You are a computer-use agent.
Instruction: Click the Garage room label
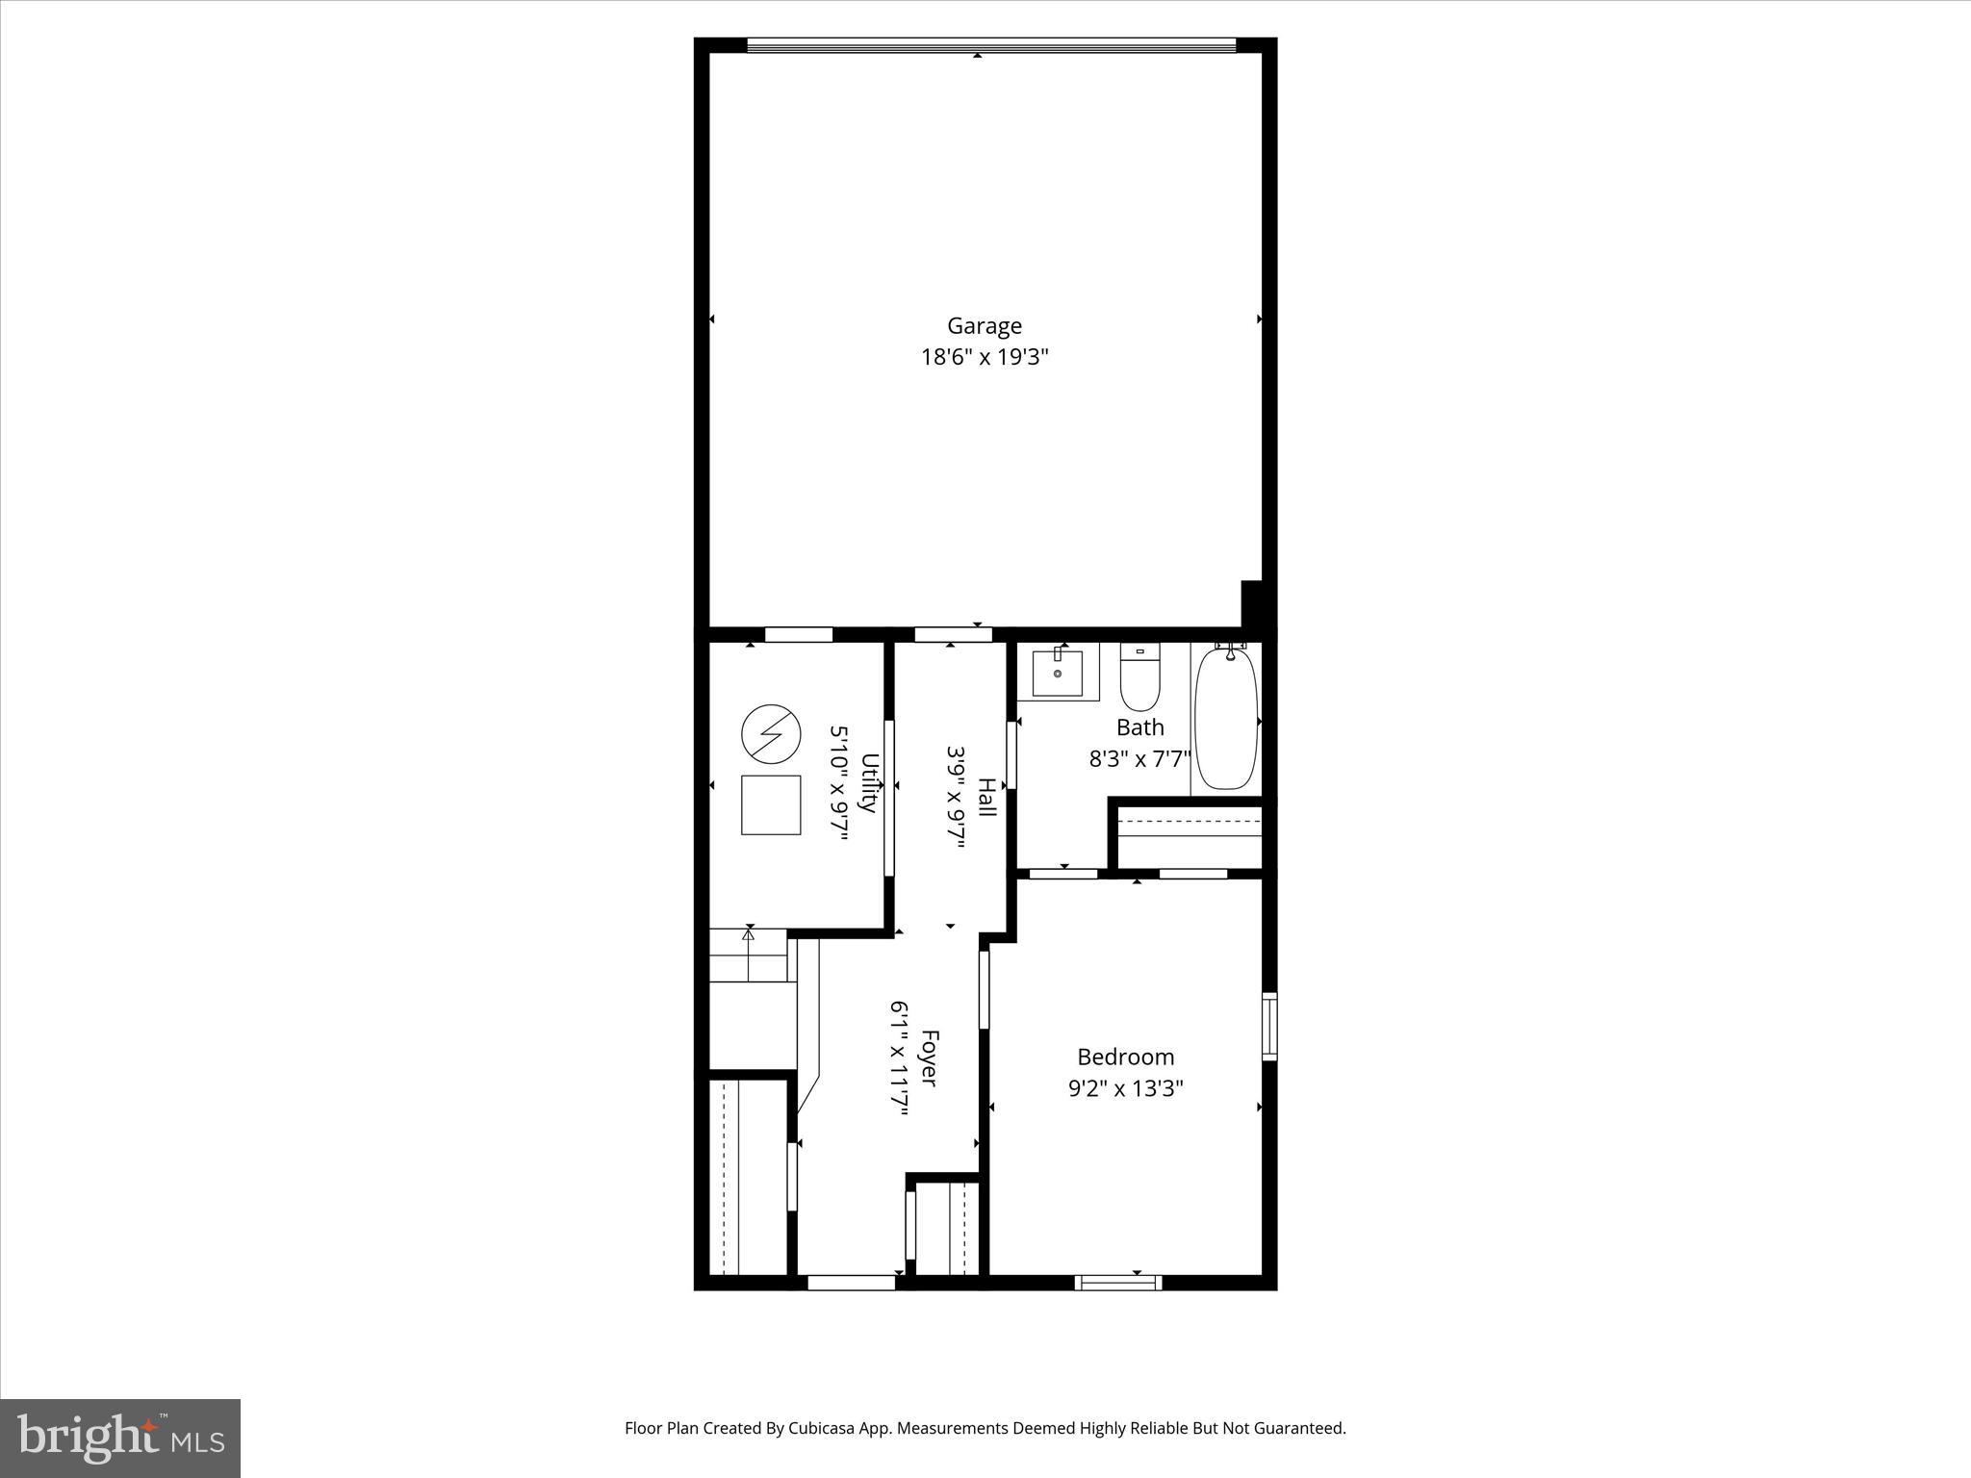click(x=984, y=326)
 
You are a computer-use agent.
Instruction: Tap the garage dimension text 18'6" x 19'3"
click(x=984, y=358)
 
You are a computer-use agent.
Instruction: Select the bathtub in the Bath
click(x=1225, y=718)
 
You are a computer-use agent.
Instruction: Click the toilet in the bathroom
click(x=1140, y=677)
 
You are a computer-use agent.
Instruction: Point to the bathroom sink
click(x=1057, y=673)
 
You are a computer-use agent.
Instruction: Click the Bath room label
click(x=1139, y=727)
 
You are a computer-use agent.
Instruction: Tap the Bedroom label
click(x=1125, y=1058)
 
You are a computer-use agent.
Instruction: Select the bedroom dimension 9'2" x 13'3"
click(x=1125, y=1089)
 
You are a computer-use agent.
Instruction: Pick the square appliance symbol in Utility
click(x=771, y=804)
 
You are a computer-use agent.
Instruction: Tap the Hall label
click(x=986, y=798)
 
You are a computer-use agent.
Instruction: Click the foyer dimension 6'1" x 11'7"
click(x=899, y=1058)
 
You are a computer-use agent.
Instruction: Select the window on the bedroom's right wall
click(x=1269, y=1026)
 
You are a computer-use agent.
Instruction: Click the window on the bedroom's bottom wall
click(x=1118, y=1282)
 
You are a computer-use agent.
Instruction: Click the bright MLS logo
click(x=120, y=1439)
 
